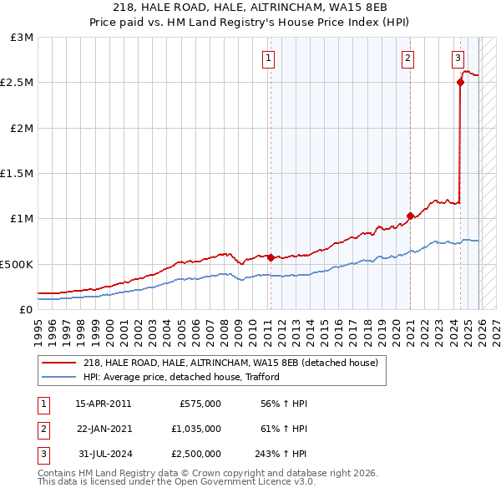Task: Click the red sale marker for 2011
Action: point(271,257)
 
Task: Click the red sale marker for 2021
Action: point(410,216)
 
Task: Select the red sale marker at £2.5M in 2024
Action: point(460,82)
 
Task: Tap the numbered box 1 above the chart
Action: point(268,58)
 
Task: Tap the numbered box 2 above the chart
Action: point(407,58)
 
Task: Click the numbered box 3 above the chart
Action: point(458,58)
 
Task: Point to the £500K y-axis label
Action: point(18,264)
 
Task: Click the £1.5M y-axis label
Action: point(18,174)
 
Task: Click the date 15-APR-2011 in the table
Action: point(104,403)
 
